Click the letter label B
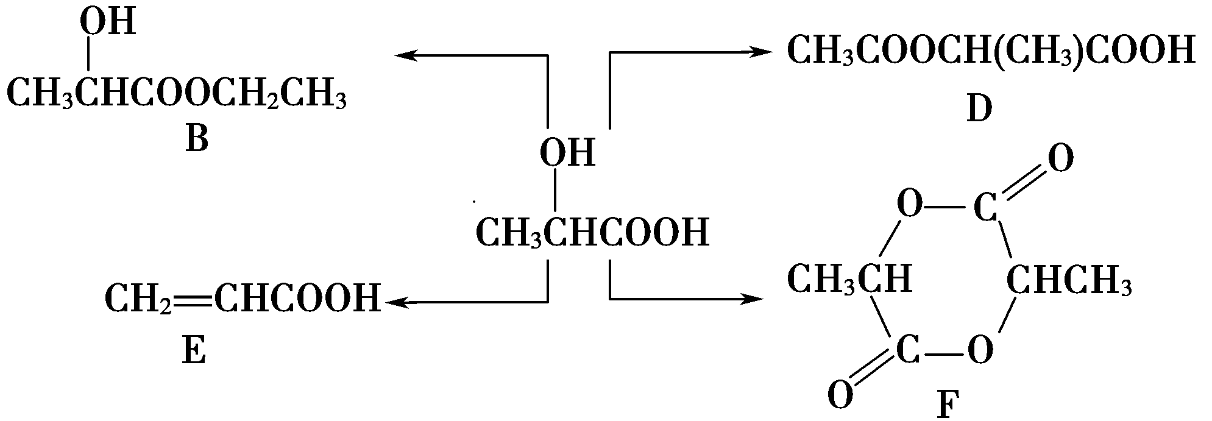pyautogui.click(x=197, y=139)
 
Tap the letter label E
pyautogui.click(x=194, y=352)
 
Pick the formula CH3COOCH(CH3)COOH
pyautogui.click(x=990, y=51)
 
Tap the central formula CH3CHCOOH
pyautogui.click(x=592, y=232)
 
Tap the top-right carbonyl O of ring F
pyautogui.click(x=1060, y=160)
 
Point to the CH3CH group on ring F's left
pyautogui.click(x=849, y=280)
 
